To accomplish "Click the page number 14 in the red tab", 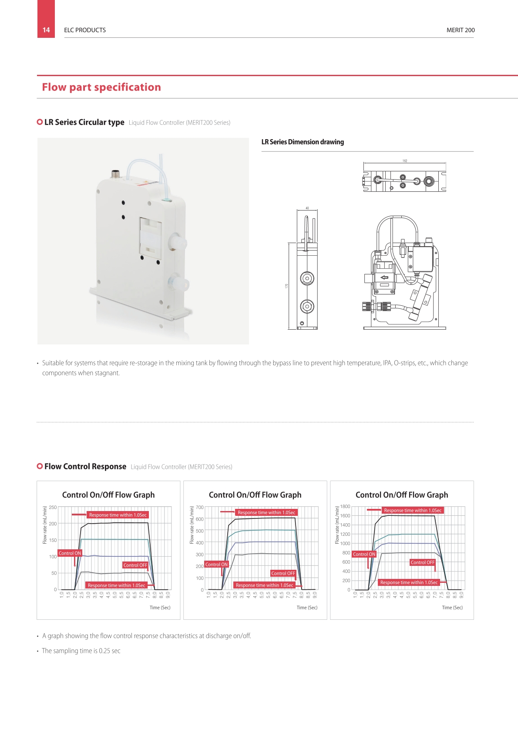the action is pos(46,30).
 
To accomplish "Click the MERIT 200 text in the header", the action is pos(461,30).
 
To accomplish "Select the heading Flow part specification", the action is pos(101,87).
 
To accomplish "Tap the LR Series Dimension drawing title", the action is pos(303,142).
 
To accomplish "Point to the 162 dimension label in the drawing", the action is pos(405,161).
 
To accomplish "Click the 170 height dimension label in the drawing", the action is pos(287,286).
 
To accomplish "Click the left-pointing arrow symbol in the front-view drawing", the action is pos(384,277).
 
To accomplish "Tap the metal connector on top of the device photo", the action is pos(115,174).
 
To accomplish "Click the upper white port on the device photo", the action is pos(177,242).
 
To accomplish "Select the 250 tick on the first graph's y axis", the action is pos(53,508).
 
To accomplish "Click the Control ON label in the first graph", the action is pos(70,553).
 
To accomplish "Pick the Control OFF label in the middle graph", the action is pos(283,573).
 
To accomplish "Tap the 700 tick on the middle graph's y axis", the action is pos(199,508).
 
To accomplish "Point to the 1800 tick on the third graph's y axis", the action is pos(345,507).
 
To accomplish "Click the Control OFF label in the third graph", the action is pos(423,562).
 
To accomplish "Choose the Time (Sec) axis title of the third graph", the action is pos(452,608).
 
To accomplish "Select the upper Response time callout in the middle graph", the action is pos(266,512).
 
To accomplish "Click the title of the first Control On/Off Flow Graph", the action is pos(108,495).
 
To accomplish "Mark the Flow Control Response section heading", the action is pos(85,466).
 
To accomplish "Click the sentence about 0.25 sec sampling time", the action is pos(81,651).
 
